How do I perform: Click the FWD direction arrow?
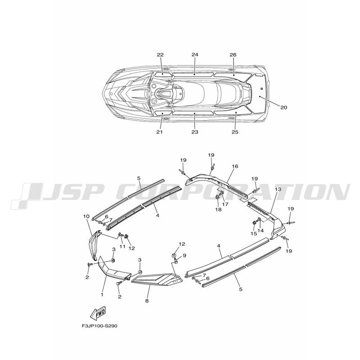tap(98, 313)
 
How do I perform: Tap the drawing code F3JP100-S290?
tap(99, 326)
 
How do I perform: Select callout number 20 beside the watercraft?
tap(284, 108)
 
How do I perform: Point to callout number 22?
tap(160, 54)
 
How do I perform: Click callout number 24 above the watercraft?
tap(195, 54)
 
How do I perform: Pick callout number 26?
tap(233, 54)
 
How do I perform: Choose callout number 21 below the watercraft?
tap(160, 132)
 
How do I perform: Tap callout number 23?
tap(195, 132)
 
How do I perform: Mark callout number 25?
tap(235, 132)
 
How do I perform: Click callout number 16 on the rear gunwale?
tap(235, 166)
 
